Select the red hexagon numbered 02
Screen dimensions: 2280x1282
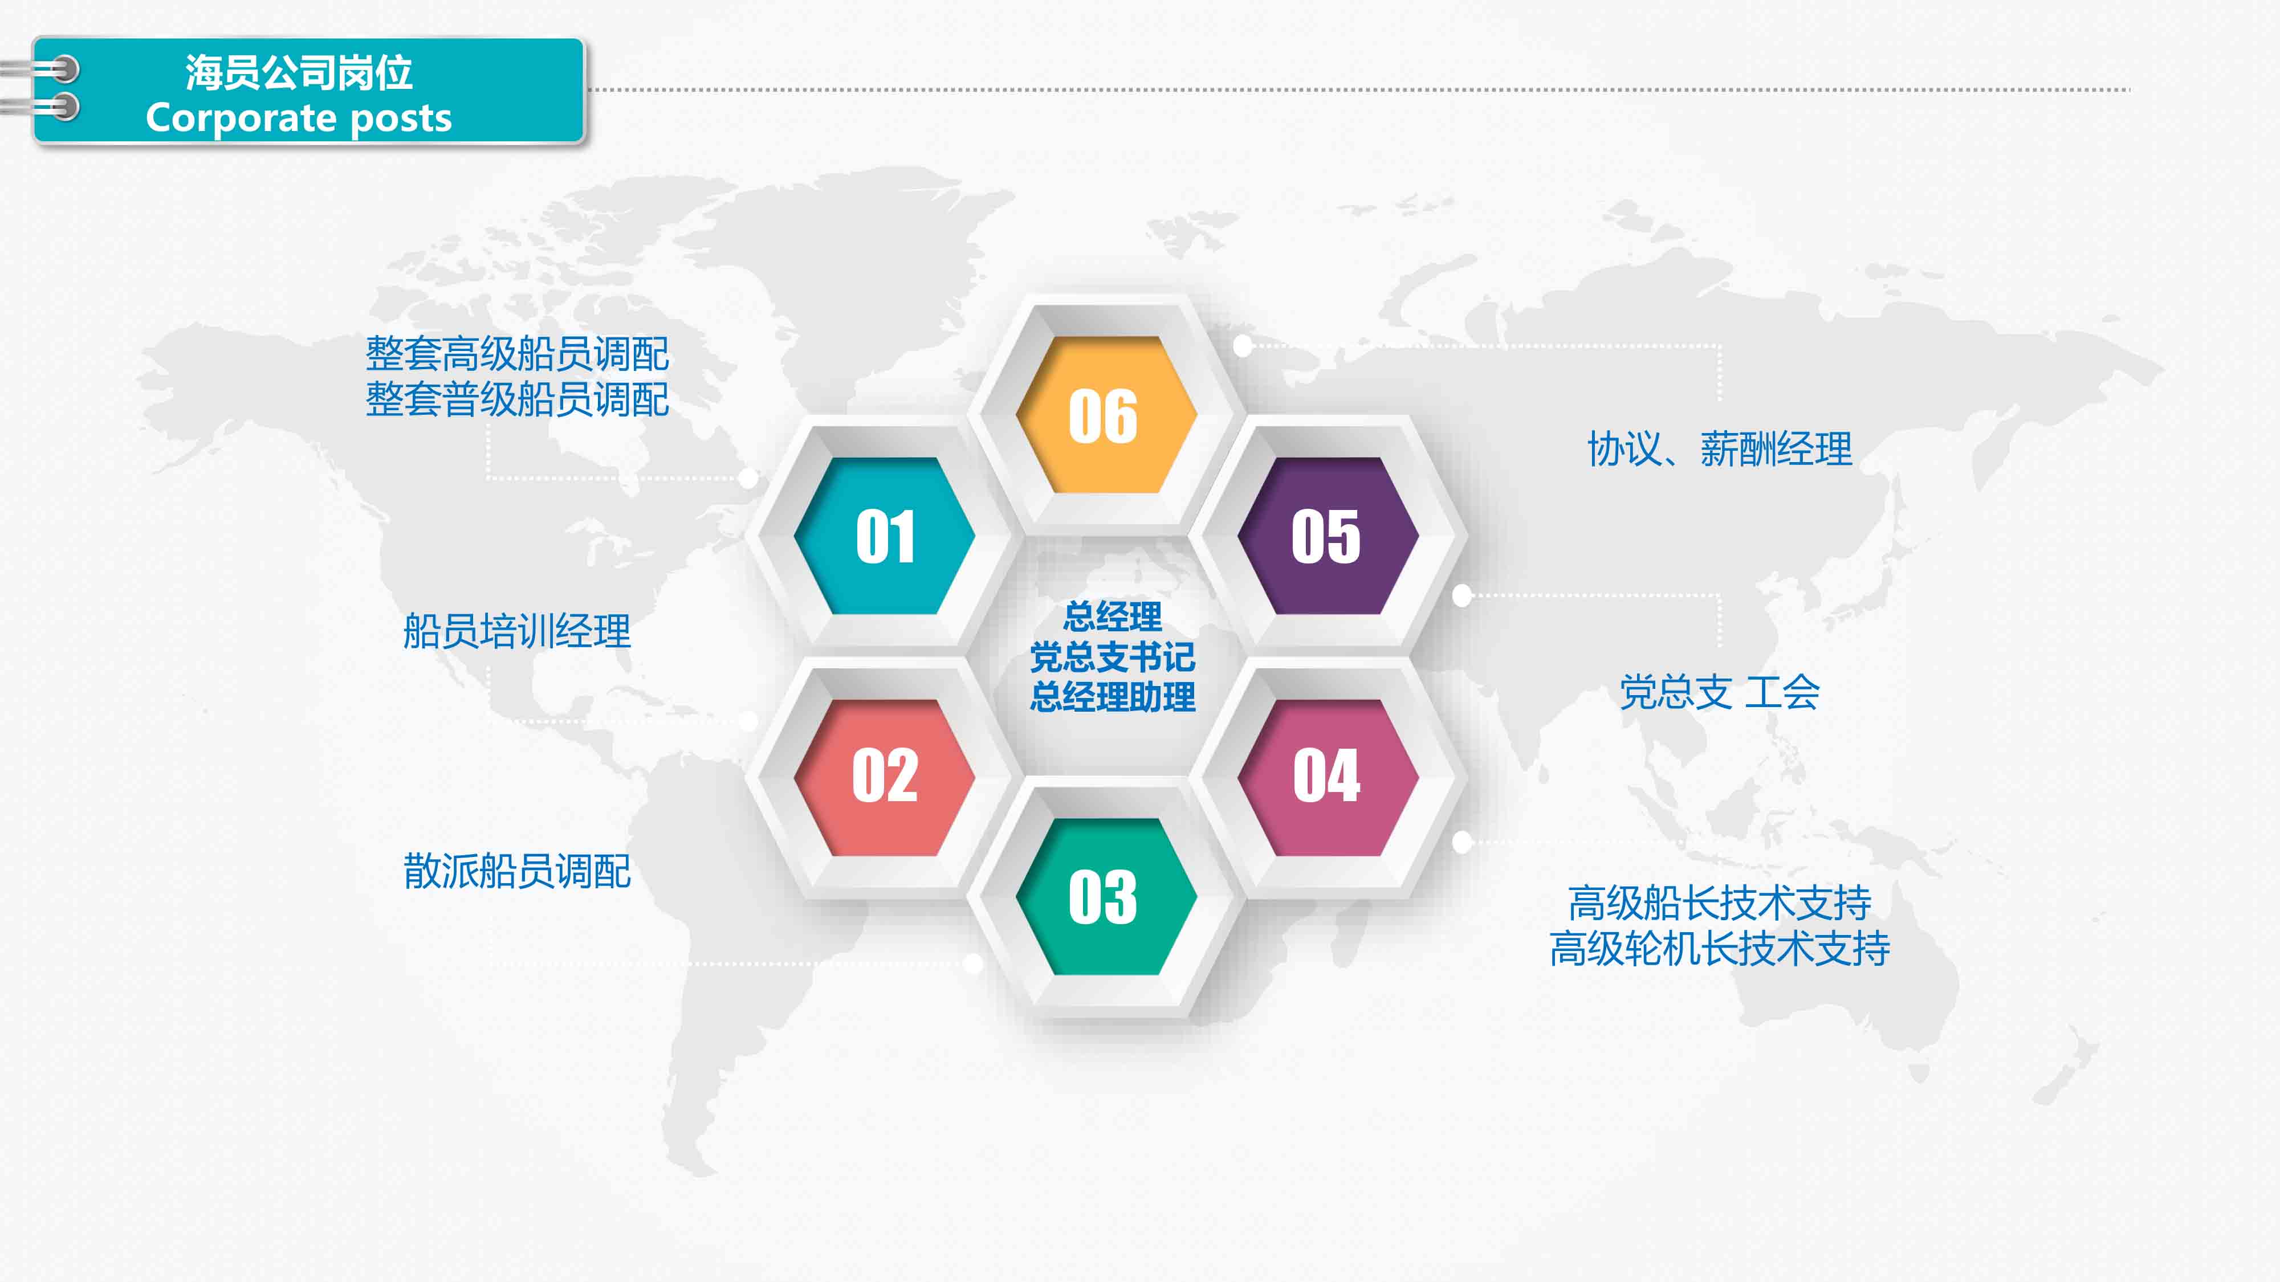pyautogui.click(x=884, y=777)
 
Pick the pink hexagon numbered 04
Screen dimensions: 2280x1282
pyautogui.click(x=1328, y=777)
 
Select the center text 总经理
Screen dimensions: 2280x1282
pyautogui.click(x=1113, y=616)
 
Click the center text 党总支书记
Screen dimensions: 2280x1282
pyautogui.click(x=1113, y=656)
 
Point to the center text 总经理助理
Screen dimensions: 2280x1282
pyautogui.click(x=1113, y=697)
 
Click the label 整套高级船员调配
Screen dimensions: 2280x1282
pyautogui.click(x=517, y=354)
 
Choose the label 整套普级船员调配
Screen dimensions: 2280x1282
pyautogui.click(x=517, y=399)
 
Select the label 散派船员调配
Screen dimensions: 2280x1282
pyautogui.click(x=517, y=871)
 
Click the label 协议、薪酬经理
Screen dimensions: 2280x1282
pyautogui.click(x=1720, y=448)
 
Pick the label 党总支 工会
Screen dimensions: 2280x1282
pyautogui.click(x=1720, y=692)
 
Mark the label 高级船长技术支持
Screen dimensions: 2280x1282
pyautogui.click(x=1720, y=903)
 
